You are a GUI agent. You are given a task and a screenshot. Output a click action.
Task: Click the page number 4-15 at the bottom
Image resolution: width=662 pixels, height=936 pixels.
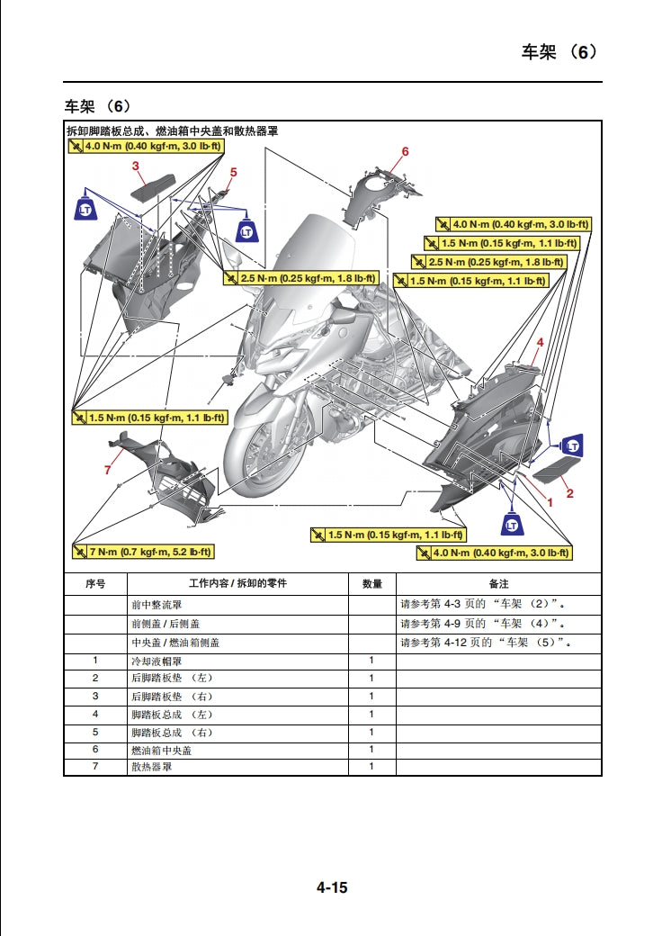(331, 887)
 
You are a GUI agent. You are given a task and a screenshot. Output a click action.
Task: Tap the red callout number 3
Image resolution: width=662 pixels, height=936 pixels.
(136, 166)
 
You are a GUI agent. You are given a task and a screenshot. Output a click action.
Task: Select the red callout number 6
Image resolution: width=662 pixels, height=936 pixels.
(405, 151)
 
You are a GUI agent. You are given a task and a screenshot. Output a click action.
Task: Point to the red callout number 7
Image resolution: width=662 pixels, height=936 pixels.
(107, 469)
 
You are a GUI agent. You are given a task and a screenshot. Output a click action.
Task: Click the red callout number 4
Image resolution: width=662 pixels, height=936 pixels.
(540, 342)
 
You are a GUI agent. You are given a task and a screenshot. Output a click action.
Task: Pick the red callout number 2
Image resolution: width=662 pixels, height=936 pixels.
(569, 492)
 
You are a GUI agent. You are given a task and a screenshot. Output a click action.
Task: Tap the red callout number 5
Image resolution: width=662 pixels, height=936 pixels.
(233, 171)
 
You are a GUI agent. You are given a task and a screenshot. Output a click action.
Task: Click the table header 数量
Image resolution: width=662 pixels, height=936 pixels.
(371, 583)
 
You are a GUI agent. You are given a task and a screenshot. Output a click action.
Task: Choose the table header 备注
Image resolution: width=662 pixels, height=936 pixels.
(498, 583)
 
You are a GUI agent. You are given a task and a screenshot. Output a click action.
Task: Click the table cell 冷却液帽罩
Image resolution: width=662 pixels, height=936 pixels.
(157, 661)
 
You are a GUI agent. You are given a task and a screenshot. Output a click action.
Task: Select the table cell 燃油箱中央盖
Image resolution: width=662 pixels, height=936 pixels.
(162, 750)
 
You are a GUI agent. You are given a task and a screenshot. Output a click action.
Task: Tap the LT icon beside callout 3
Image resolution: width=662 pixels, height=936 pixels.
(85, 208)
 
